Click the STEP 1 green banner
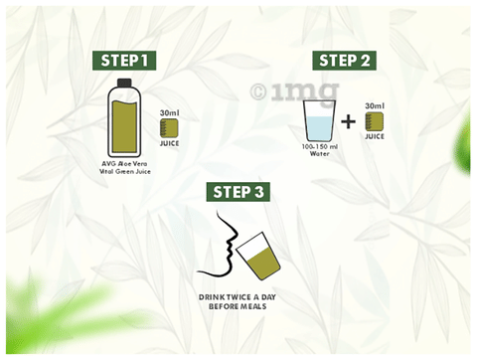(124, 61)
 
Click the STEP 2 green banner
(344, 61)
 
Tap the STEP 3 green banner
(238, 192)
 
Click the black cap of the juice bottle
(124, 83)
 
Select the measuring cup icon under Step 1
(169, 128)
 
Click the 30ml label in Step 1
(169, 112)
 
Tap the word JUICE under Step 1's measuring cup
(169, 143)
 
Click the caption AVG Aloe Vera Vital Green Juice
(125, 167)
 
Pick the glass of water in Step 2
(319, 120)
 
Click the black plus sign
(348, 122)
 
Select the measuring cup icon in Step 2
(375, 121)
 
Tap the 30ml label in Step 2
(375, 105)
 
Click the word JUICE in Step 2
(375, 136)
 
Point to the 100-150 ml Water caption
(320, 150)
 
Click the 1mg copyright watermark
(294, 91)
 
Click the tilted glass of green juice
(258, 256)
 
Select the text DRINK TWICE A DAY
(238, 297)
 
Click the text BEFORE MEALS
(238, 306)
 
